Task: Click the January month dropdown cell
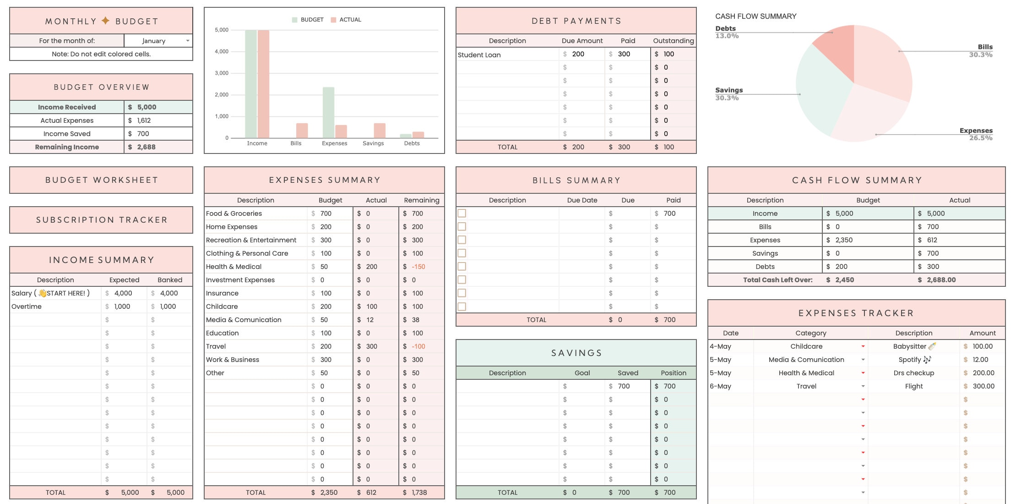[x=158, y=41]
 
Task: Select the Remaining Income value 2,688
[x=146, y=147]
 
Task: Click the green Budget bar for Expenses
[x=328, y=112]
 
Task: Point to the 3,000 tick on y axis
[x=222, y=73]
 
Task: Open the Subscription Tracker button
[x=101, y=220]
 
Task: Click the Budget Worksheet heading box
[x=101, y=180]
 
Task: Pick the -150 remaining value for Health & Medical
[x=418, y=267]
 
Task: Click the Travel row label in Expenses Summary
[x=216, y=346]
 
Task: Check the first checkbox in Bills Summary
[x=462, y=213]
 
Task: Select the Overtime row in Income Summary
[x=27, y=307]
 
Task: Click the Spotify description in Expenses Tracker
[x=913, y=360]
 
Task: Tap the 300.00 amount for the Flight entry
[x=983, y=386]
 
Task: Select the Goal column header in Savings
[x=582, y=373]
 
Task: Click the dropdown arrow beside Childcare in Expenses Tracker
[x=863, y=346]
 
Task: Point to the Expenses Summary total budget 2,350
[x=328, y=493]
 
